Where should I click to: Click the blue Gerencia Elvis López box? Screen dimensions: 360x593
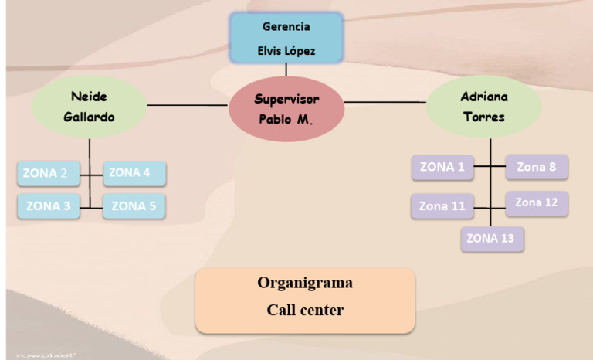tap(286, 38)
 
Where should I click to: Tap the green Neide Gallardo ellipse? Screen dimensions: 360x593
tap(90, 107)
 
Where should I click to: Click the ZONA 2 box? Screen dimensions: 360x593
tap(48, 174)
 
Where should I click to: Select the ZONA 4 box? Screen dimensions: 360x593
tap(134, 173)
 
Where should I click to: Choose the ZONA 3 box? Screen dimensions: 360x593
tap(48, 206)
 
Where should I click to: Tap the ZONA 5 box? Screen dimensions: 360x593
tap(134, 206)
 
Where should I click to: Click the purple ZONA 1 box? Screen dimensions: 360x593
tap(442, 167)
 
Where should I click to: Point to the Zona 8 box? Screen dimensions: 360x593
tap(537, 167)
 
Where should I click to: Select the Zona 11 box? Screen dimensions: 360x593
tap(442, 206)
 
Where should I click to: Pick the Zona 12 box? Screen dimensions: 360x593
tap(537, 202)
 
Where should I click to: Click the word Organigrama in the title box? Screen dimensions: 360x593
tap(305, 283)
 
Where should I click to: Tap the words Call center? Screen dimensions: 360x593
tap(305, 311)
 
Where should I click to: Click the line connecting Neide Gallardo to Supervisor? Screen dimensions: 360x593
tap(188, 104)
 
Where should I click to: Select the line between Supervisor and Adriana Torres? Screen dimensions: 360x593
tap(385, 101)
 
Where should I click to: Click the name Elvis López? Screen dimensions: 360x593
tap(286, 52)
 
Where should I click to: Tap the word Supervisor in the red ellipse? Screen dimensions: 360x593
tap(286, 99)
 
